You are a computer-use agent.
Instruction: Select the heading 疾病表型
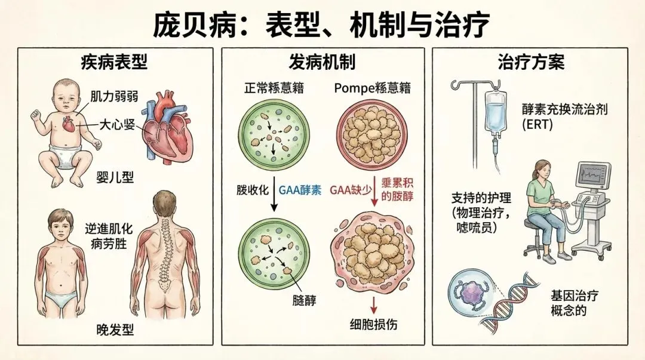tap(113, 62)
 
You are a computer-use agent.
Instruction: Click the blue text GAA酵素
tap(300, 191)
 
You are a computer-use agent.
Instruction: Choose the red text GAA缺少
tap(351, 191)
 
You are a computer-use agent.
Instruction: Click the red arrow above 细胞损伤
tap(374, 304)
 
